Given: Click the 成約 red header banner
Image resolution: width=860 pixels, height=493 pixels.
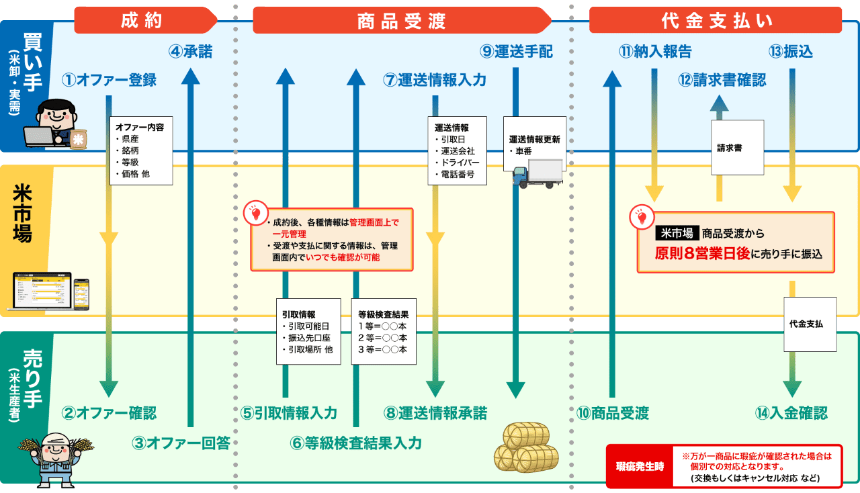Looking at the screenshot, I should tap(142, 21).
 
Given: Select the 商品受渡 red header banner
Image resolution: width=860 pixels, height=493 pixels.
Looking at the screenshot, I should tap(402, 21).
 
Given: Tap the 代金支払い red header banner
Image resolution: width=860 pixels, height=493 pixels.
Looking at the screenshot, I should tap(716, 21).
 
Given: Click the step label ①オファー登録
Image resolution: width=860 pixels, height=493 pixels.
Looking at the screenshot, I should tap(109, 80).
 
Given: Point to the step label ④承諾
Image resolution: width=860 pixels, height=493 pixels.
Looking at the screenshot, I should tap(190, 52).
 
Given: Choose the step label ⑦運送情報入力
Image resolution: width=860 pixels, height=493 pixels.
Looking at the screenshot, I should tap(435, 80).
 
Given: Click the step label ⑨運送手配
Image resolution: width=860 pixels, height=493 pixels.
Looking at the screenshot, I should tap(517, 52).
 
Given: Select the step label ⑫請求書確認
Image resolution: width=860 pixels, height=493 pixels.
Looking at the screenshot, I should tap(722, 80).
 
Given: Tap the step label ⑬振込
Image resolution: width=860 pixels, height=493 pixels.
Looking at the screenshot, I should tap(791, 52).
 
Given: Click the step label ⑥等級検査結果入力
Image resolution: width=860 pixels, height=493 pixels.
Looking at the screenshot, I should tap(356, 443).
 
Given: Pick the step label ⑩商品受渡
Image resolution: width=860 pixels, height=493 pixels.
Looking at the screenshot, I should tap(613, 413).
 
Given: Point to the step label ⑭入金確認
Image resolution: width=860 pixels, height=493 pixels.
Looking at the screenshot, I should tap(791, 413).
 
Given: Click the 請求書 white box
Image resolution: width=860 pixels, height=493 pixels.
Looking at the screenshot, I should tap(737, 147).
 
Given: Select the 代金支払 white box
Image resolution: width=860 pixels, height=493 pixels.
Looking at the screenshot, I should tap(810, 324).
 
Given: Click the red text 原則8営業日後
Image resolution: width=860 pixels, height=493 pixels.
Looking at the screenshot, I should tap(702, 255).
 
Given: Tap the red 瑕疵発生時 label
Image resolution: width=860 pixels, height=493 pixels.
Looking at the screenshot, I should tap(640, 466).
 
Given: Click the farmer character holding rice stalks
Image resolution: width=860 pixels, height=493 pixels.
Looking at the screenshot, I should tap(57, 457).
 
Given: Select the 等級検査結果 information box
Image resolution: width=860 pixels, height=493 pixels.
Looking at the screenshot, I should tap(383, 331).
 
